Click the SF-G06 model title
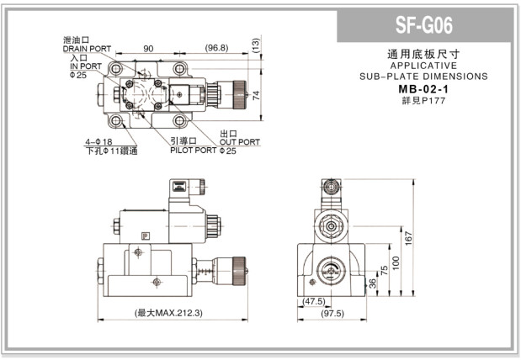point(424,25)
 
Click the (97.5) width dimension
point(333,314)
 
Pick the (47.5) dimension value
point(313,301)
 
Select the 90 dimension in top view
point(148,48)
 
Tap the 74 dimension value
point(257,95)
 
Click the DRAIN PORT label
point(87,49)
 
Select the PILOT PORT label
point(193,151)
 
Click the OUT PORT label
point(240,142)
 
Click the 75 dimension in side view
point(383,270)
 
